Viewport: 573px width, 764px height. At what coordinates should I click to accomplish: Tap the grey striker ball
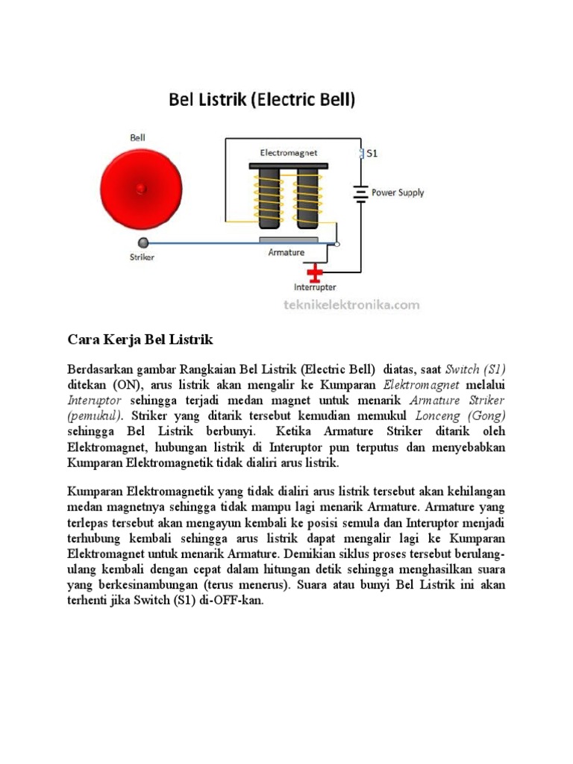click(x=144, y=242)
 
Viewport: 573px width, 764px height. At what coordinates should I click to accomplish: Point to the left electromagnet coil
click(x=269, y=197)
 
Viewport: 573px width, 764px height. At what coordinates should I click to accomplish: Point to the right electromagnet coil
click(x=307, y=197)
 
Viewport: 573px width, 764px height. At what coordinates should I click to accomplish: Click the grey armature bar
click(x=289, y=240)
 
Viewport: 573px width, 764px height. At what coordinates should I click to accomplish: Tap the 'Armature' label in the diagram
click(x=286, y=253)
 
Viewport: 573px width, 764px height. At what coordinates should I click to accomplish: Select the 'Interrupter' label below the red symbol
click(x=315, y=287)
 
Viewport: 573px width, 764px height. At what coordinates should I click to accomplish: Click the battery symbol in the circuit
click(x=361, y=193)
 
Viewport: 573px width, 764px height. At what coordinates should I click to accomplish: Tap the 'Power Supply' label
click(x=398, y=192)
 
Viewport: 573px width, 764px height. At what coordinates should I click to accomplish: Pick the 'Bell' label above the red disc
click(x=138, y=138)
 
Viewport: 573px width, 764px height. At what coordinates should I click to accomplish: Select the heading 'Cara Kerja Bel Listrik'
click(x=140, y=339)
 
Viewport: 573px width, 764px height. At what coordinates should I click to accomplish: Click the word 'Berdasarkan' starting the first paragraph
click(x=100, y=369)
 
